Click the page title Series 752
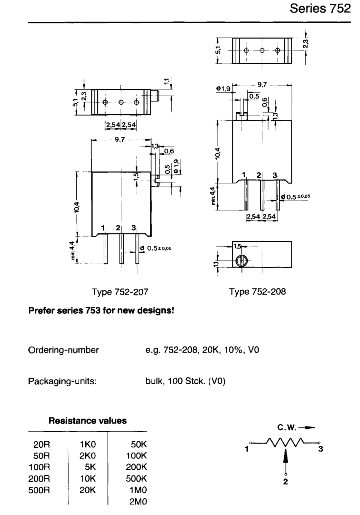320,8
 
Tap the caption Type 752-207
120,292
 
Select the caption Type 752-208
257,292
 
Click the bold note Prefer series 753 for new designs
101,310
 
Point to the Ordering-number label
63,350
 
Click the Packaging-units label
62,381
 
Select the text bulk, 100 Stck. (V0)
186,381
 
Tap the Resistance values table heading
88,420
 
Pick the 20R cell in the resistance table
42,445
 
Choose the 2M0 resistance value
138,501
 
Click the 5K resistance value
90,467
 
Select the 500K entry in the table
136,479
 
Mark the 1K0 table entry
88,445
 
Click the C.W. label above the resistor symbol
287,428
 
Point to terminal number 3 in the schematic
321,449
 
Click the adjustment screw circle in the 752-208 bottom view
242,261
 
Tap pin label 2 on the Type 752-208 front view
259,175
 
